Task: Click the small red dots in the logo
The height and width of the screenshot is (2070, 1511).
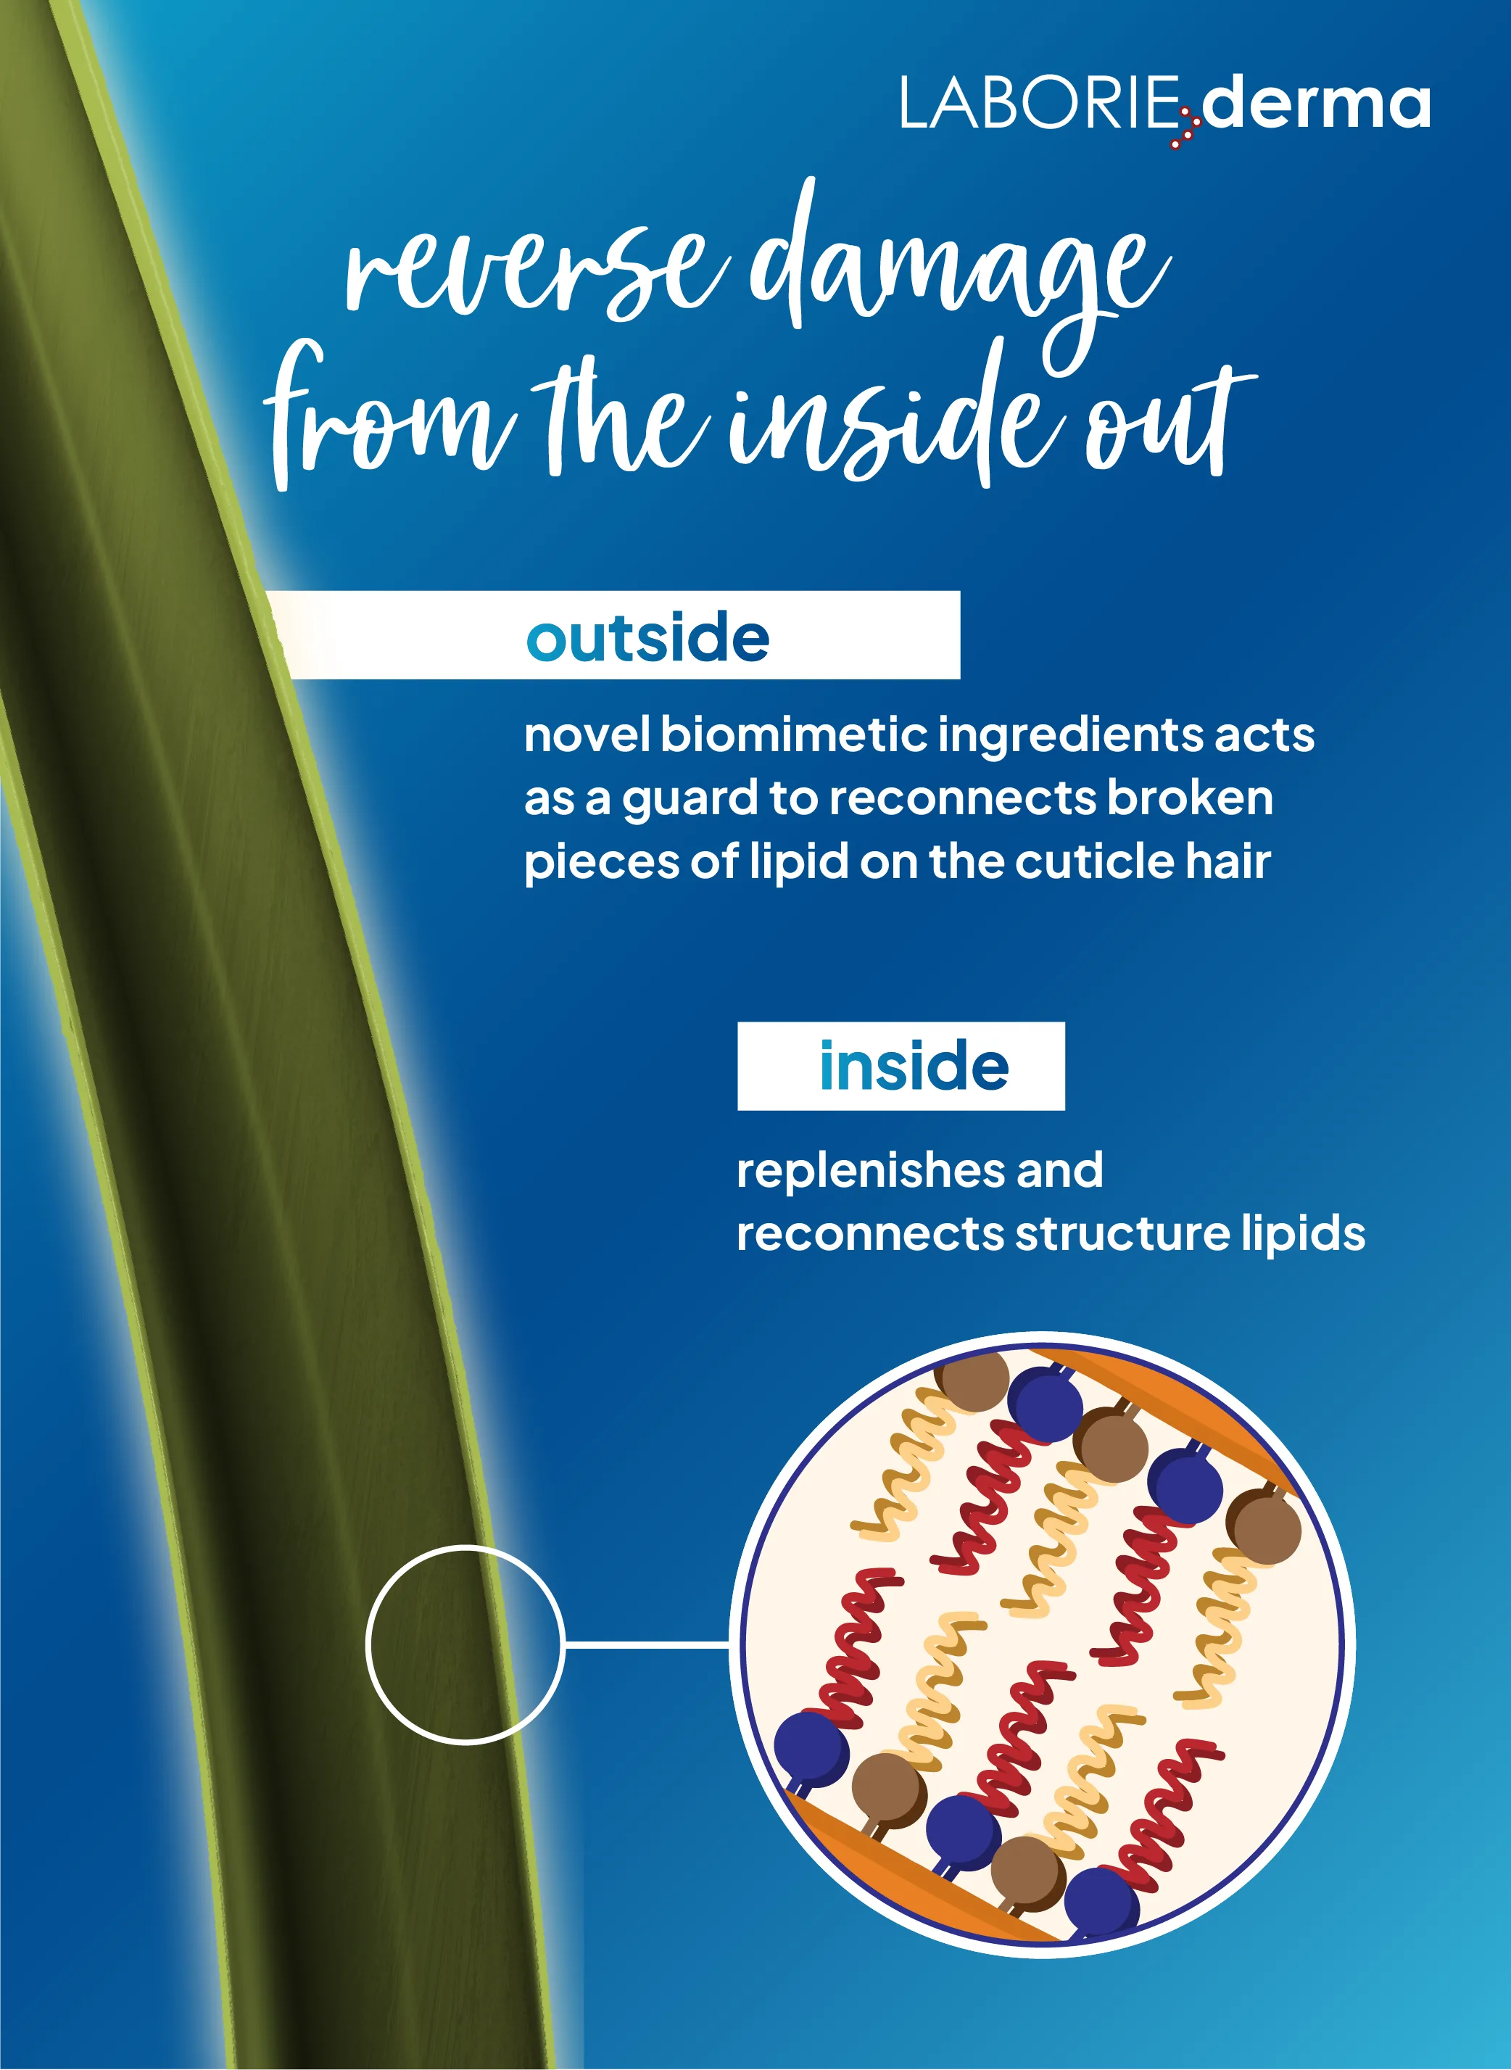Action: (x=1185, y=129)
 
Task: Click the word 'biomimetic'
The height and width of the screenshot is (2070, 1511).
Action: (x=794, y=734)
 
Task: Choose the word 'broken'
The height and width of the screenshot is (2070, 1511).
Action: (x=1190, y=798)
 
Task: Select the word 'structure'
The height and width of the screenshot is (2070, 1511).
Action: (x=1122, y=1234)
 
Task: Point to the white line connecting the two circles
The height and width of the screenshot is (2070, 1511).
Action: (x=647, y=1644)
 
